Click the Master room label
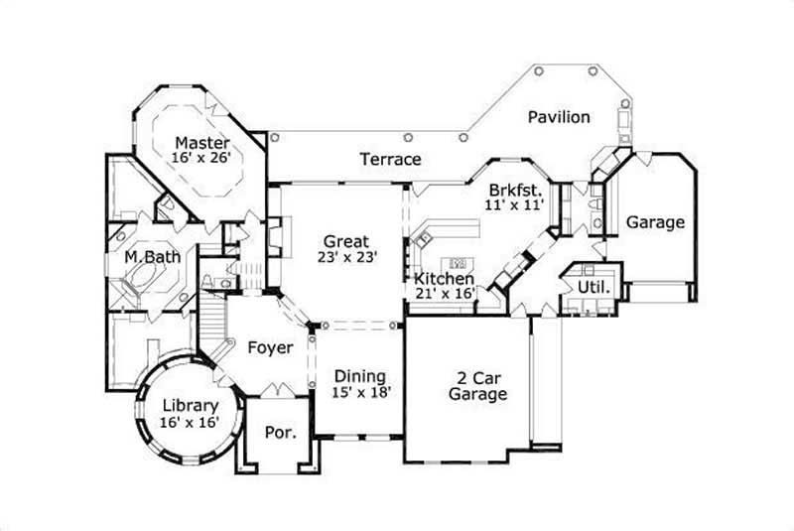(202, 143)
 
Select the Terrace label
(390, 159)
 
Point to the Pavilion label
(558, 117)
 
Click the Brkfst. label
(515, 190)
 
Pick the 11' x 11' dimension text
(515, 205)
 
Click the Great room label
(345, 241)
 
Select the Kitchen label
(443, 279)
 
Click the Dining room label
(360, 376)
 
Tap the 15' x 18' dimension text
(360, 392)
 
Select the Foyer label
(269, 347)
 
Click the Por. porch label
(278, 434)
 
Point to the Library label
(189, 406)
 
